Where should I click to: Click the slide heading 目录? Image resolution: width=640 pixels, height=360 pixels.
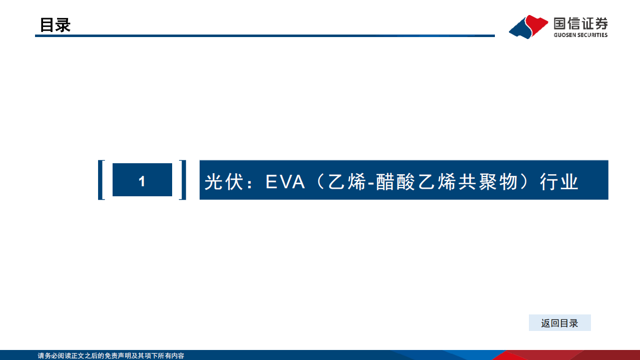pos(55,25)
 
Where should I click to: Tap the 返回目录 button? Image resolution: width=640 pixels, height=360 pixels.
pos(559,323)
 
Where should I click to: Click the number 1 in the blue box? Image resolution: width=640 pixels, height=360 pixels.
pos(142,181)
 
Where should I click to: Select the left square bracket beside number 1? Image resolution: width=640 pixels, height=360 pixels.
pos(102,180)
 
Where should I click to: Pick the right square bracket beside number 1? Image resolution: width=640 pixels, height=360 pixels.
pos(183,180)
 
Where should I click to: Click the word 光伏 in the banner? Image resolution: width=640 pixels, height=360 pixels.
pos(221,182)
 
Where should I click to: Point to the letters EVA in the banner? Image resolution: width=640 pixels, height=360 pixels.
pos(285,182)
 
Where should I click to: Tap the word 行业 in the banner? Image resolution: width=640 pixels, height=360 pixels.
pos(559,182)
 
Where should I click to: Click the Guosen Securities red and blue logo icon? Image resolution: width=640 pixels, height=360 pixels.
pos(528,27)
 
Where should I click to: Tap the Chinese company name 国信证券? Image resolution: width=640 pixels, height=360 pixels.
pos(580,23)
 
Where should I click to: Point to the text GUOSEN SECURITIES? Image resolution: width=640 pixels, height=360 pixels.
pos(580,35)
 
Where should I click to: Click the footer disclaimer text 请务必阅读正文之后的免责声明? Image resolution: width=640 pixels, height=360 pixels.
pos(90,356)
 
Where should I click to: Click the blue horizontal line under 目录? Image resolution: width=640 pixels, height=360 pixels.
pos(265,36)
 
